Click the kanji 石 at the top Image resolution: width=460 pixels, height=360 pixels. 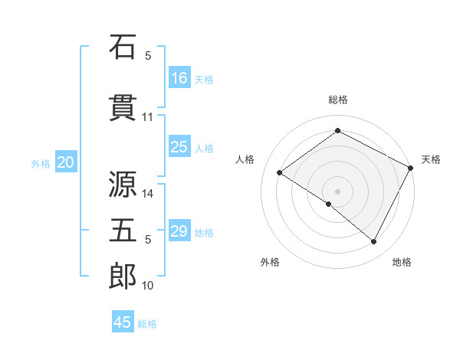coord(123,47)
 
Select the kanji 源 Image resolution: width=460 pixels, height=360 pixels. coord(123,186)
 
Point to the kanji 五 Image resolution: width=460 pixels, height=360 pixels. coord(123,230)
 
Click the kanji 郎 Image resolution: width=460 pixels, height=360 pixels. coord(123,277)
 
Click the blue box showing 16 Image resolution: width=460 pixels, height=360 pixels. coord(179,77)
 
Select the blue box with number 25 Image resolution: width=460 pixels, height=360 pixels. coord(179,147)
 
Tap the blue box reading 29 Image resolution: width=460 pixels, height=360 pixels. coord(179,231)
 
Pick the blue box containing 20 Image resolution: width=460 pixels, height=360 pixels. coord(66,162)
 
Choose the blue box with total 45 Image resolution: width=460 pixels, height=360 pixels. coord(123,322)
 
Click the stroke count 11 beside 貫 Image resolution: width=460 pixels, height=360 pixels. coord(147,117)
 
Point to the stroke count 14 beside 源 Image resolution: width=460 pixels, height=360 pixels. coord(148,194)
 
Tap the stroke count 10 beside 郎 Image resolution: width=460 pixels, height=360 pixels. coord(148,286)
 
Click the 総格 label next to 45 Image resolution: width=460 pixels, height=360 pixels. coord(147,324)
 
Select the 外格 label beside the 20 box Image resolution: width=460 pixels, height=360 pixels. coord(41,163)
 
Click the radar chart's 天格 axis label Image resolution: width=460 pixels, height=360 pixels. coord(431,159)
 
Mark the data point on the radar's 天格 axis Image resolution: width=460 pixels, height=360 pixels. coord(410,167)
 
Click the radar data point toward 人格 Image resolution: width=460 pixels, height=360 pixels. coord(280,172)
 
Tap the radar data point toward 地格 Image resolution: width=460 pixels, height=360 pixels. coord(374,242)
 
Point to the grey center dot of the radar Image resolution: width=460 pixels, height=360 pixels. coord(337,191)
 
